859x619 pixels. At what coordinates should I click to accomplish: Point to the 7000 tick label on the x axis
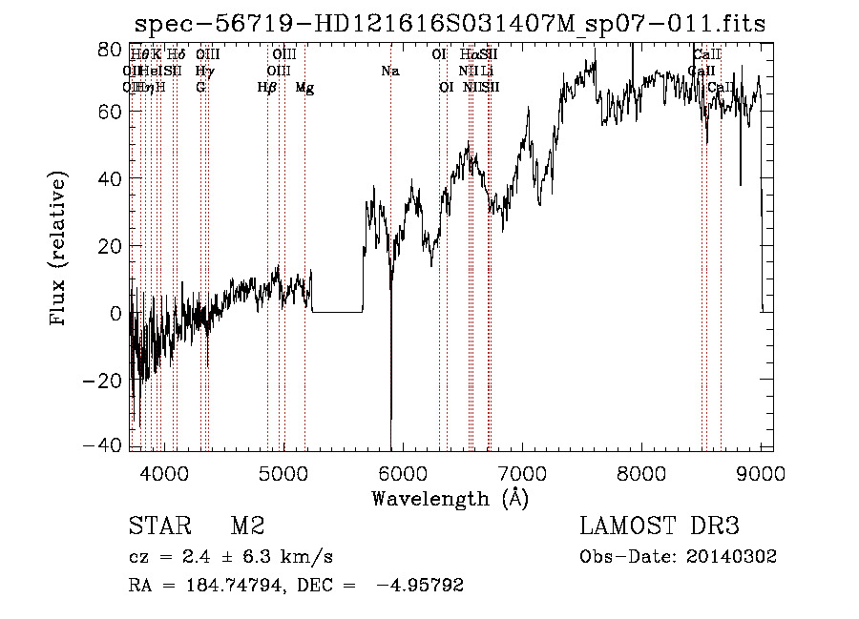tap(522, 472)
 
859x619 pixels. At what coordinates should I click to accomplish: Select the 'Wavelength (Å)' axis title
tap(450, 498)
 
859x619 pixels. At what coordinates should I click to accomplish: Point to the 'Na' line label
tap(389, 72)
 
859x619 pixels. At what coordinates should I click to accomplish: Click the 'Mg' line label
tap(304, 88)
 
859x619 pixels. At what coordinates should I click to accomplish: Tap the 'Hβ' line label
tap(267, 88)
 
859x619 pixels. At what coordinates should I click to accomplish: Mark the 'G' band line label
tap(200, 88)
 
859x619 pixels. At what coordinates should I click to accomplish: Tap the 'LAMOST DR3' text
tap(659, 526)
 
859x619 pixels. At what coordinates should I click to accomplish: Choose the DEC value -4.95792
tap(421, 586)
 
